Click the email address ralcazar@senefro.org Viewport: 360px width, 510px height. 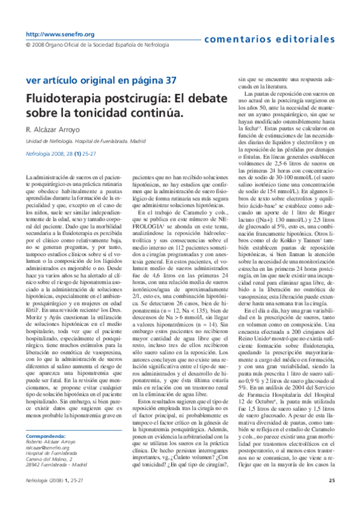point(53,447)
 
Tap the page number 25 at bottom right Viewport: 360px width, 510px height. point(332,497)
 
